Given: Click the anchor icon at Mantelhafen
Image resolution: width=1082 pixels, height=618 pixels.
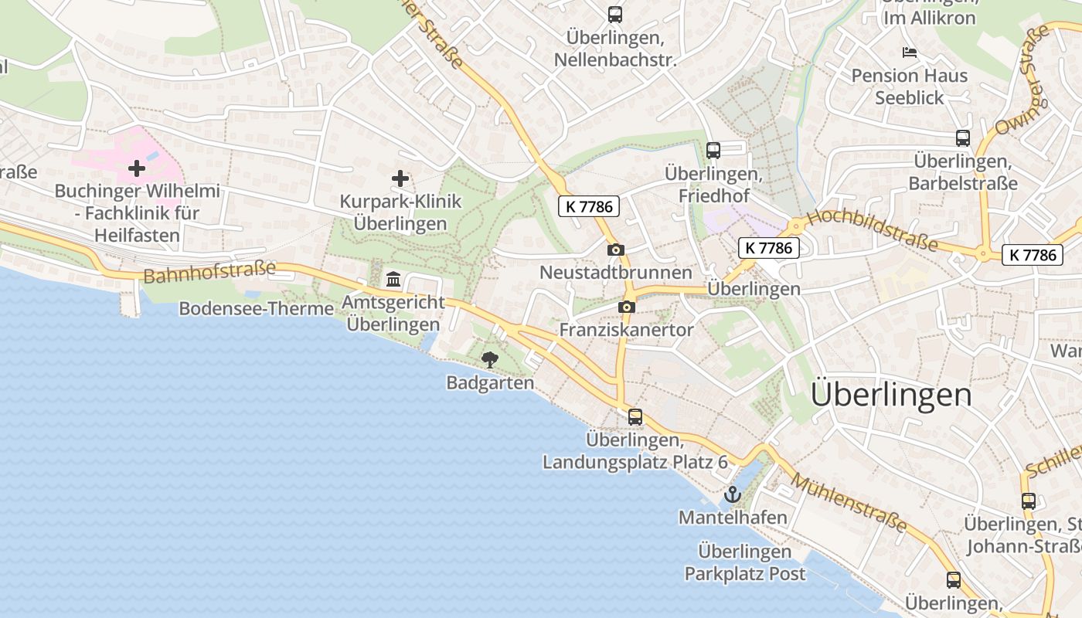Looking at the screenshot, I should coord(731,494).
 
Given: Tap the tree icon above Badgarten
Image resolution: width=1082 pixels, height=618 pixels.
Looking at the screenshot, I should coord(489,359).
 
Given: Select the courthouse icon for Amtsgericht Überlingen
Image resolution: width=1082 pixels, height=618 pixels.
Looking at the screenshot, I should coord(393,279).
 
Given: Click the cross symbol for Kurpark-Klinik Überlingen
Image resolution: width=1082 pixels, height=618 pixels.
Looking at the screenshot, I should coord(400,179).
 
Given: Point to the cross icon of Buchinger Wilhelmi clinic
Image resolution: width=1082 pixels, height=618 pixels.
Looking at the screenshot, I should coord(137,168).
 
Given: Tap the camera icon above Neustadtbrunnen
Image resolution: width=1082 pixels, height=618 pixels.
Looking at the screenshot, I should coord(616,250).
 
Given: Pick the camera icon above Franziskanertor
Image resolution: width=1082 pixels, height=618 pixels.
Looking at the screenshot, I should coord(627,307).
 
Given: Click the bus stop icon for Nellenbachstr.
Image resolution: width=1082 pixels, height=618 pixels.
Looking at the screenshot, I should coord(615,15).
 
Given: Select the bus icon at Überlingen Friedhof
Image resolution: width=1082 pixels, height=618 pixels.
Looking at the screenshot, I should coord(713,151).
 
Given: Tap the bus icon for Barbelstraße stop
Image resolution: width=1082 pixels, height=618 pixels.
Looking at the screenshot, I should coord(962,138).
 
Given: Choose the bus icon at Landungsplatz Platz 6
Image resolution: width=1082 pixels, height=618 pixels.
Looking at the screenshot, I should coord(635,417).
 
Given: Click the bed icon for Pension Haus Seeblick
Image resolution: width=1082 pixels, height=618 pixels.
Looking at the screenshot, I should coord(910,53).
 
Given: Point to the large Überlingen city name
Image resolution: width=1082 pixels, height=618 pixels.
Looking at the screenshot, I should coord(891,395).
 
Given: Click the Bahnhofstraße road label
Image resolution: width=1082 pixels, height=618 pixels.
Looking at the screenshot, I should coord(209,273).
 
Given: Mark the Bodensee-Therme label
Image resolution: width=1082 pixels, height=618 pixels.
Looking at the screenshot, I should coord(257,309).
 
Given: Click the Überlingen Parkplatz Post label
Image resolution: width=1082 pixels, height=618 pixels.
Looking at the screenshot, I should coord(745,562).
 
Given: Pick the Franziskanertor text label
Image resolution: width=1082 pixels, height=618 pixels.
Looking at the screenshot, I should coord(626,330).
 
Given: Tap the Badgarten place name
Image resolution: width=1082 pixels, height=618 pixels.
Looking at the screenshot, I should coord(490,382).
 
